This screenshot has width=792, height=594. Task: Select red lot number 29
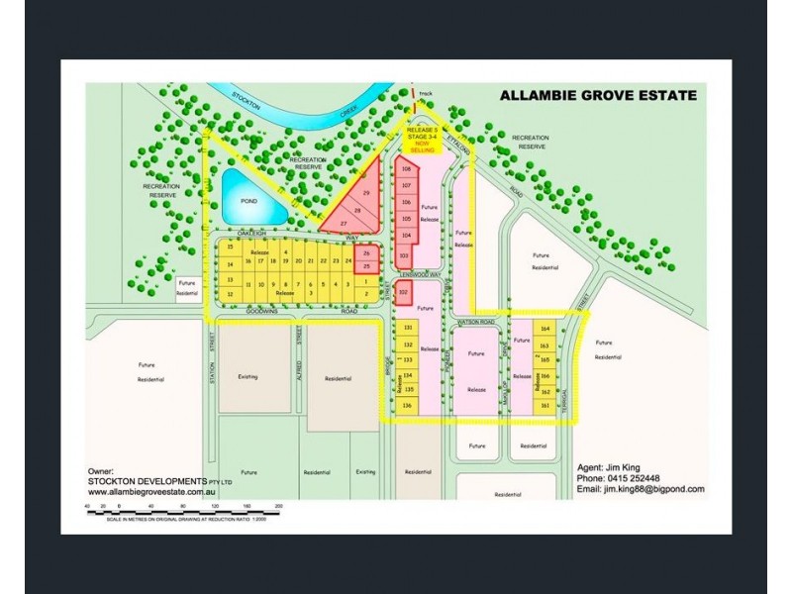point(365,192)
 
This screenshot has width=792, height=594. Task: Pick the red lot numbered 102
point(404,292)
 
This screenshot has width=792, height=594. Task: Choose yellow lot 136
point(407,405)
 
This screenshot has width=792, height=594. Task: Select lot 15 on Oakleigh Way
point(230,247)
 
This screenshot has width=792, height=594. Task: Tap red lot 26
point(366,253)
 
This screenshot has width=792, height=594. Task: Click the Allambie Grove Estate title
point(597,96)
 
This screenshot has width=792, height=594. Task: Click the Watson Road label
point(477,323)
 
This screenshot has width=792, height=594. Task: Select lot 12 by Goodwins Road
point(230,294)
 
